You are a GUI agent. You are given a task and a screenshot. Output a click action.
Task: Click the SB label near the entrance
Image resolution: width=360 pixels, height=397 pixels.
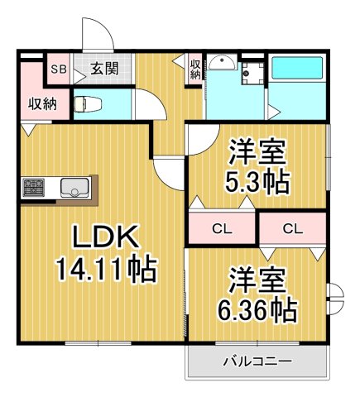(x=59, y=69)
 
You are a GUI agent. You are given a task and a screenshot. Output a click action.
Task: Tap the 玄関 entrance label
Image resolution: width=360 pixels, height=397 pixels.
(x=103, y=69)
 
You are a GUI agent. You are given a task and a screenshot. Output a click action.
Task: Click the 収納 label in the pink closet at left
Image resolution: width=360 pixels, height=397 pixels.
(x=35, y=105)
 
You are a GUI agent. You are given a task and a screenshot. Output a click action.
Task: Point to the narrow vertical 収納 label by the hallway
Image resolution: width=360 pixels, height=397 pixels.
(x=195, y=69)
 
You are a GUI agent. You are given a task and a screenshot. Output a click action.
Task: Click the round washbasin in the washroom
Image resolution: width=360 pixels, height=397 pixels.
(x=221, y=65)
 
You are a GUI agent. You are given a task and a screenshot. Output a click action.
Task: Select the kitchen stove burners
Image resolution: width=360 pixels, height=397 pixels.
(x=35, y=188)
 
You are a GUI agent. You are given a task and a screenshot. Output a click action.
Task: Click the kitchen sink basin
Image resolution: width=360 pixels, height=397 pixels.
(x=74, y=188)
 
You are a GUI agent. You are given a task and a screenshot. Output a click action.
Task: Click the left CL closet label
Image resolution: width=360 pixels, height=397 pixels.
(x=222, y=228)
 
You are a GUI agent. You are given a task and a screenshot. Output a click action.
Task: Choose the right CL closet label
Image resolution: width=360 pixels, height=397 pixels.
(x=292, y=228)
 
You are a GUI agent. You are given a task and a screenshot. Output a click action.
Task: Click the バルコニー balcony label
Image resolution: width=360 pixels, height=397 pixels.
(x=257, y=361)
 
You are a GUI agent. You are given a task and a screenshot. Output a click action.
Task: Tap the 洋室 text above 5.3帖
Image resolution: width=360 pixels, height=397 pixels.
(x=258, y=153)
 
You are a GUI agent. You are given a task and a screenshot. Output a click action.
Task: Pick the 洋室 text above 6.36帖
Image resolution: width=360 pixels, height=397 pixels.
(x=258, y=280)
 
